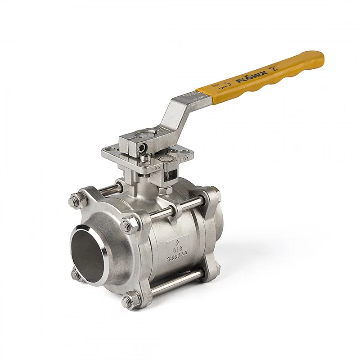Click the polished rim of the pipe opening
(104, 238)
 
